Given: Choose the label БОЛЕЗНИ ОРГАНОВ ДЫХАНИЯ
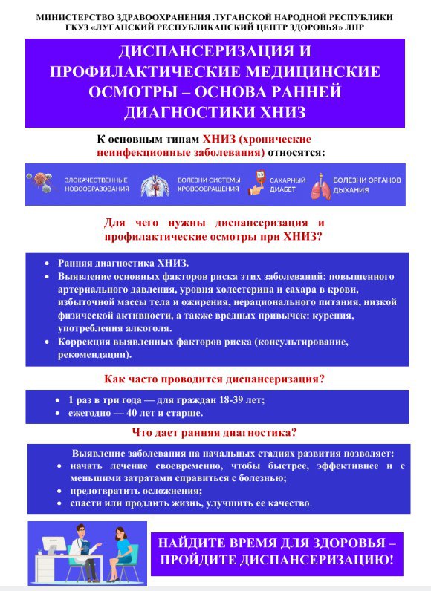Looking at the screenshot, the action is coord(366,184).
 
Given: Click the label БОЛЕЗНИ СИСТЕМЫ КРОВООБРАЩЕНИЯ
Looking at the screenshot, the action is coord(208,184).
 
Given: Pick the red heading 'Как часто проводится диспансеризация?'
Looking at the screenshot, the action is coord(215,379).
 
